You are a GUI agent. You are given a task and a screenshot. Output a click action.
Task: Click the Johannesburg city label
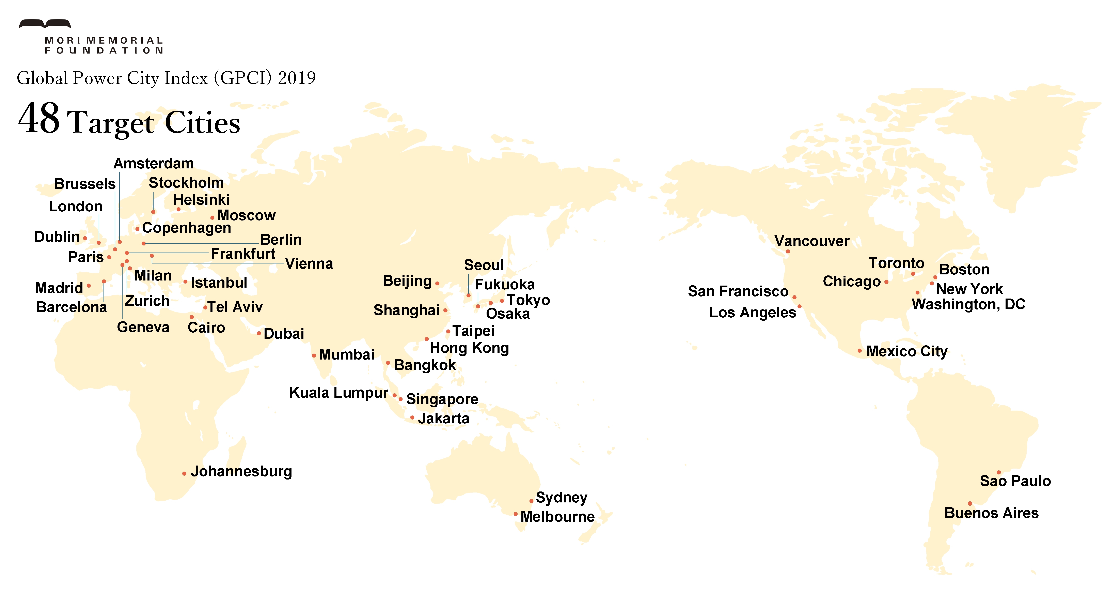click(x=241, y=471)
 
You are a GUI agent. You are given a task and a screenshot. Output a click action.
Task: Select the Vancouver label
click(x=812, y=241)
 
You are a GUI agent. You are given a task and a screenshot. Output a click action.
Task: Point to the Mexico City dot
click(x=859, y=351)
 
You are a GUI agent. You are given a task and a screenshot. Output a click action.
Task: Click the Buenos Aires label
click(x=991, y=513)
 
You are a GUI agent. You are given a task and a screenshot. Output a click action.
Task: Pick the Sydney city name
click(x=561, y=497)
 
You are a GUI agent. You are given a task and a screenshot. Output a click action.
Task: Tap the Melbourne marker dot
click(x=516, y=514)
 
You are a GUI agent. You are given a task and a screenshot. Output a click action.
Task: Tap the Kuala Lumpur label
click(x=339, y=393)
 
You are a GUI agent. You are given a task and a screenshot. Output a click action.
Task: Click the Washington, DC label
click(x=968, y=304)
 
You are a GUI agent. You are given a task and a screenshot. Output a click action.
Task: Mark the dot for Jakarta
click(x=412, y=418)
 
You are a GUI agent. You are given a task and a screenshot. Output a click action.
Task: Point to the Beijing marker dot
click(x=437, y=284)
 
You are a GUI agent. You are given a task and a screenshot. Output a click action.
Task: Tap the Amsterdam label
click(x=154, y=164)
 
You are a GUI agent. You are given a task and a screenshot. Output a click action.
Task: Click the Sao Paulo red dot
click(x=999, y=472)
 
